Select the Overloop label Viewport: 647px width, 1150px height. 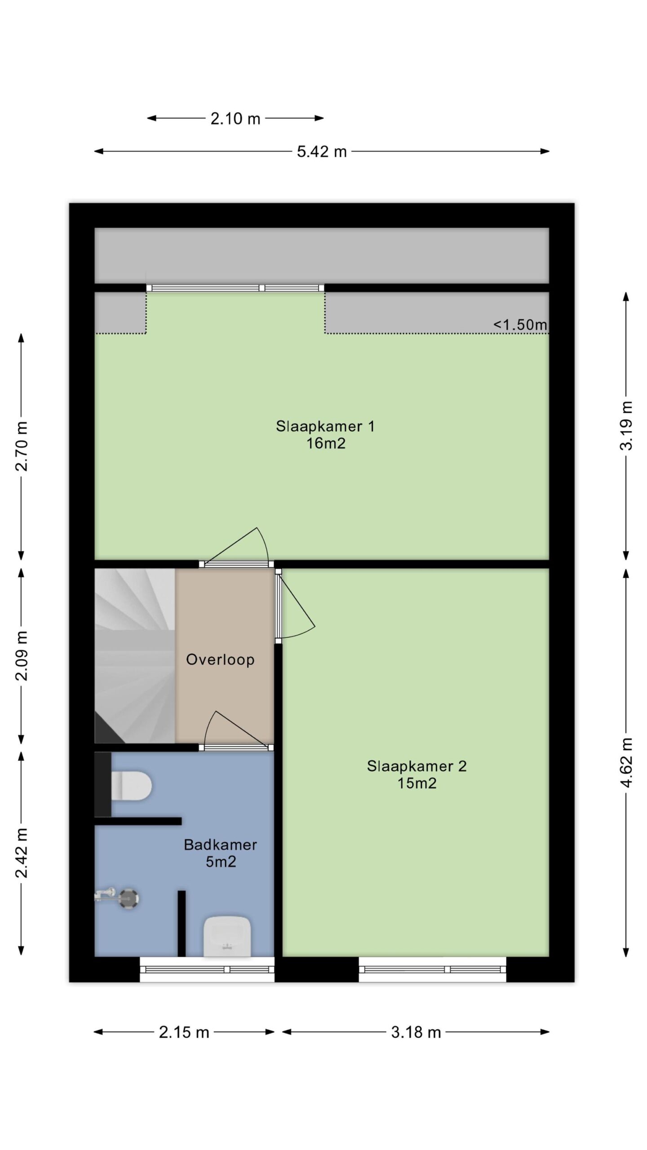220,659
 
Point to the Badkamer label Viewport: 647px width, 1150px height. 220,845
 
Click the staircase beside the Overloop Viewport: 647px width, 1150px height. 135,656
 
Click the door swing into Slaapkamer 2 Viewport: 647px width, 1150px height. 296,604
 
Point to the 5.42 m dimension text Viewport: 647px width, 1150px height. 322,151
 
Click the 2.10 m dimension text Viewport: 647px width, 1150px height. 235,119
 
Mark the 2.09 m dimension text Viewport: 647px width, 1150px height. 22,655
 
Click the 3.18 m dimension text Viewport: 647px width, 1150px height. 416,1032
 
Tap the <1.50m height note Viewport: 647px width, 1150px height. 520,324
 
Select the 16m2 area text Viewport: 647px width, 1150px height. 326,443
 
